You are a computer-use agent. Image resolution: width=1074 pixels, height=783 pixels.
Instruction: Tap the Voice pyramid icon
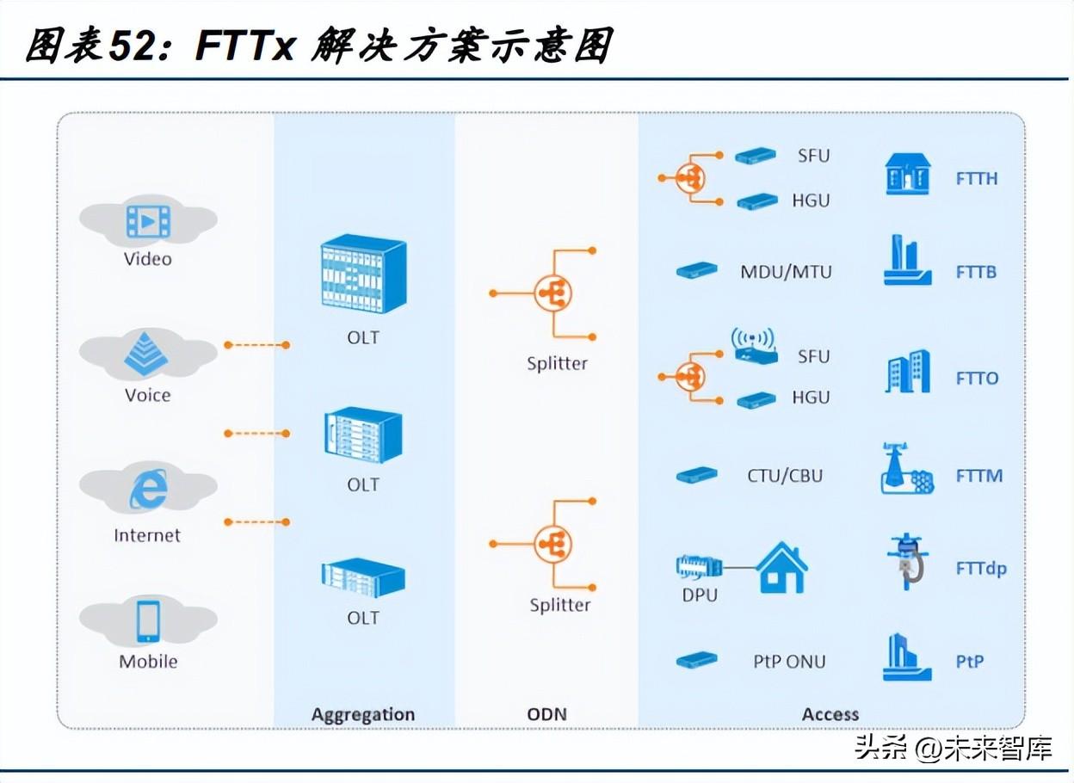pos(148,355)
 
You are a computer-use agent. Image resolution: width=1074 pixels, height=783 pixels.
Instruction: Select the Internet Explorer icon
pos(148,491)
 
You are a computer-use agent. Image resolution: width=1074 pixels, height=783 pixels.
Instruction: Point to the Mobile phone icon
pos(148,622)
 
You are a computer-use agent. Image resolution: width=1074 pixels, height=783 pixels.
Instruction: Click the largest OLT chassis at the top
pos(362,273)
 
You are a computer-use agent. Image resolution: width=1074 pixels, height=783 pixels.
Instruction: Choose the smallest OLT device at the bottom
pos(362,579)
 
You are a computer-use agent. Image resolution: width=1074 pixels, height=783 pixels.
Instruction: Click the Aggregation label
pos(362,714)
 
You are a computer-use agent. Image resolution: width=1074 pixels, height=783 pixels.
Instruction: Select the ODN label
pos(546,714)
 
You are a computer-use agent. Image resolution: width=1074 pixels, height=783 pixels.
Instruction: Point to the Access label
pos(830,714)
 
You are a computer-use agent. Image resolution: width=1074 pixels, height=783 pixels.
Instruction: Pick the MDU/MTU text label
pos(786,272)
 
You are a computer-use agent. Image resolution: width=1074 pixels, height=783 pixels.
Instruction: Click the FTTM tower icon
pos(906,470)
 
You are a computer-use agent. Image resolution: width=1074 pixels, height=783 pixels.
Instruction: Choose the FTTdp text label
pos(980,569)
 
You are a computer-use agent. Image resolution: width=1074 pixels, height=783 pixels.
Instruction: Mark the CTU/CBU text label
pos(784,476)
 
